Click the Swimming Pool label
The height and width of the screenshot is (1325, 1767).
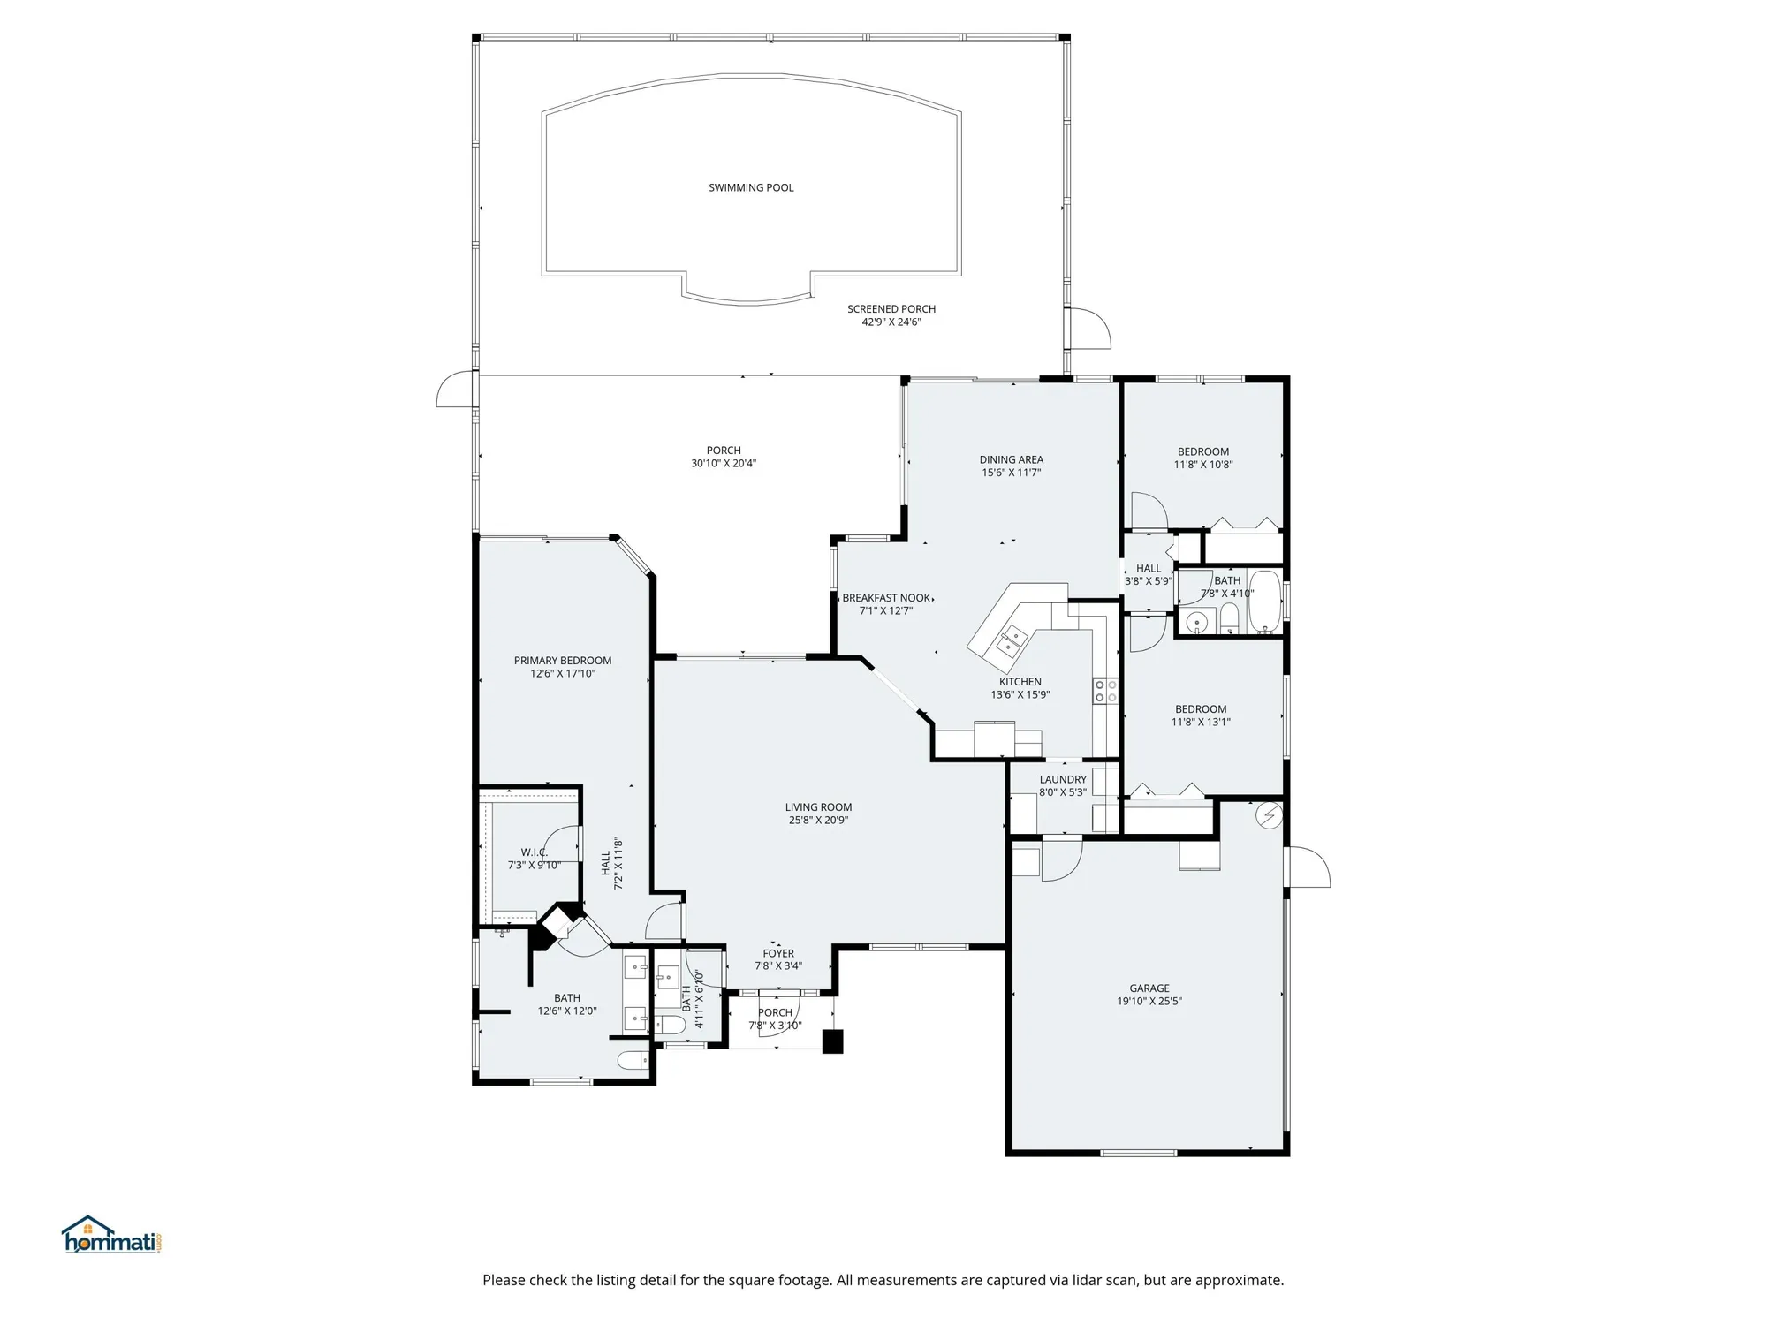click(751, 187)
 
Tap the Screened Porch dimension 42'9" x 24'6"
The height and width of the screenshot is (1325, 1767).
click(891, 322)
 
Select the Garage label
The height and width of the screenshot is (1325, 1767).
click(1149, 988)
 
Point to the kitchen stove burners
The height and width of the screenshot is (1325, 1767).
click(1105, 691)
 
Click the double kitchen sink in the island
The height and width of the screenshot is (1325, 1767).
click(1012, 639)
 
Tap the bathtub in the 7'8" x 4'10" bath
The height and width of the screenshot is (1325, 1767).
click(1265, 603)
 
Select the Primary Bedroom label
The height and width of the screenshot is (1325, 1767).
click(563, 661)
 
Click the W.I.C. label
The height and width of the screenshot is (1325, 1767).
click(534, 852)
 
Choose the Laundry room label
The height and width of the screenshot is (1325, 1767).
click(1062, 779)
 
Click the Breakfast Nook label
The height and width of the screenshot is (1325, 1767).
click(886, 598)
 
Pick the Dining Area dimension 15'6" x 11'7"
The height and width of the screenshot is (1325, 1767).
click(1011, 473)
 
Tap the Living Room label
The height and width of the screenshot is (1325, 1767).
click(818, 806)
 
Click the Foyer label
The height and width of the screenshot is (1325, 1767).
click(778, 953)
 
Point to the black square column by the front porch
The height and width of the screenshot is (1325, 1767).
click(832, 1041)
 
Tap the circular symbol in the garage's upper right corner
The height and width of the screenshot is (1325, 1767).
click(1269, 815)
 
